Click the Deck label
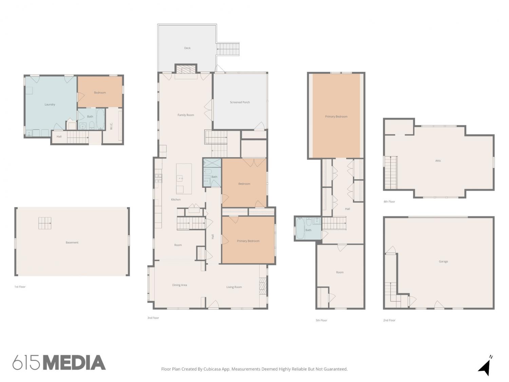pyautogui.click(x=187, y=48)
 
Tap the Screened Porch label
pyautogui.click(x=240, y=102)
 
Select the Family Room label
pyautogui.click(x=186, y=115)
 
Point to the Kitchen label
pyautogui.click(x=175, y=199)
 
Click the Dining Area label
pyautogui.click(x=179, y=285)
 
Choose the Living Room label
pyautogui.click(x=234, y=287)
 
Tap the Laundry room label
pyautogui.click(x=50, y=104)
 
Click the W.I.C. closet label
pyautogui.click(x=111, y=126)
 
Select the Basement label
pyautogui.click(x=72, y=242)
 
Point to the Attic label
pyautogui.click(x=438, y=161)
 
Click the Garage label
pyautogui.click(x=443, y=261)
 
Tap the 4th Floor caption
pyautogui.click(x=389, y=202)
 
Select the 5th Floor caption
pyautogui.click(x=321, y=320)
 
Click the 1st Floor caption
pyautogui.click(x=20, y=287)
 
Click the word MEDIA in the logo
pyautogui.click(x=75, y=362)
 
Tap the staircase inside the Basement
pyautogui.click(x=45, y=223)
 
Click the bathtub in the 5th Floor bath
pyautogui.click(x=300, y=228)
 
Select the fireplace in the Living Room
pyautogui.click(x=263, y=286)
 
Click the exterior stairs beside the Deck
pyautogui.click(x=228, y=49)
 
